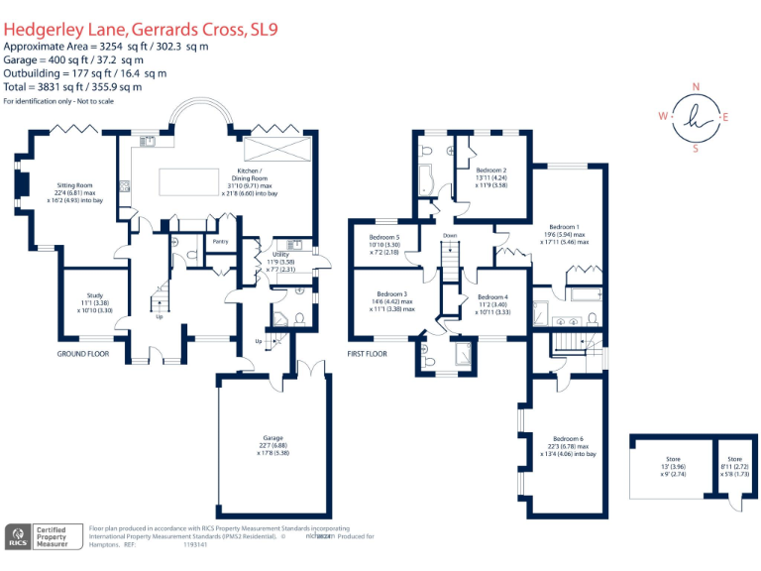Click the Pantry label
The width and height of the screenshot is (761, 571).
click(x=220, y=239)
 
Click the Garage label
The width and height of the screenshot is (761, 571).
click(x=273, y=437)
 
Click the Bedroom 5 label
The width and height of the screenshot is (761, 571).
click(x=384, y=237)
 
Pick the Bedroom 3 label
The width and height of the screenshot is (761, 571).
click(x=391, y=293)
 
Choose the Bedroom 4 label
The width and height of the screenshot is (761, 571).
click(x=492, y=297)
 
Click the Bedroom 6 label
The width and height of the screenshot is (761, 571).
click(x=568, y=438)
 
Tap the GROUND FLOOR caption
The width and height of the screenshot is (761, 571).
click(x=83, y=353)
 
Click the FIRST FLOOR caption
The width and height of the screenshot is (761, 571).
click(x=369, y=353)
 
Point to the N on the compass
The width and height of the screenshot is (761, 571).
click(x=696, y=86)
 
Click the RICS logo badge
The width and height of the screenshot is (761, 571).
click(x=17, y=536)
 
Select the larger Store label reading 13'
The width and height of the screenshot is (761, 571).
click(x=674, y=460)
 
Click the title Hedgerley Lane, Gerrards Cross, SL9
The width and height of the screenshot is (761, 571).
click(x=141, y=30)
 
